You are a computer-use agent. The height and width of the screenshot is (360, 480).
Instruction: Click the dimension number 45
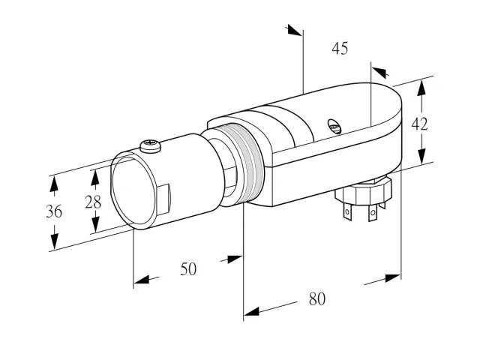click(340, 49)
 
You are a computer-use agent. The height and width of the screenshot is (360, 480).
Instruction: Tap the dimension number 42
click(419, 124)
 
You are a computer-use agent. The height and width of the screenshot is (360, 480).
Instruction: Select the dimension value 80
click(316, 298)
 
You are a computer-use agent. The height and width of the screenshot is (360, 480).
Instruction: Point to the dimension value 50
click(188, 269)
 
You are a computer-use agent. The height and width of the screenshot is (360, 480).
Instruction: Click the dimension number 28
click(93, 202)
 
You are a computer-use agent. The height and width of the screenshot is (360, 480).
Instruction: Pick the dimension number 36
click(54, 211)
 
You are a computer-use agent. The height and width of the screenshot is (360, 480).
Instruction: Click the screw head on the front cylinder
click(150, 145)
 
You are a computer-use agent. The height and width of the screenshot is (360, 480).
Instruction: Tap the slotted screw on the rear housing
click(334, 126)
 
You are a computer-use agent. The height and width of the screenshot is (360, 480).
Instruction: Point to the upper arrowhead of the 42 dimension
click(421, 88)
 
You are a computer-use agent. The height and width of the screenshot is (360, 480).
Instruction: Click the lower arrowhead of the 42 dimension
click(421, 156)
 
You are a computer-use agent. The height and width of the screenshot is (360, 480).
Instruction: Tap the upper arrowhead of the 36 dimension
click(54, 184)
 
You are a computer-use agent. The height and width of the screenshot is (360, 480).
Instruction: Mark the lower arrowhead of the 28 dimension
click(96, 224)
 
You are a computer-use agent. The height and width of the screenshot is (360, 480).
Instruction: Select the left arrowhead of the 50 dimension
click(142, 280)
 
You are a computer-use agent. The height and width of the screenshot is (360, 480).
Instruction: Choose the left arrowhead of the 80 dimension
click(251, 312)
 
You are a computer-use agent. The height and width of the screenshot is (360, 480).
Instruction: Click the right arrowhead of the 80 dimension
click(393, 278)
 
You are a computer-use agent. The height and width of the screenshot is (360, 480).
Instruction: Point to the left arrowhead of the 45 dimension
click(295, 30)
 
